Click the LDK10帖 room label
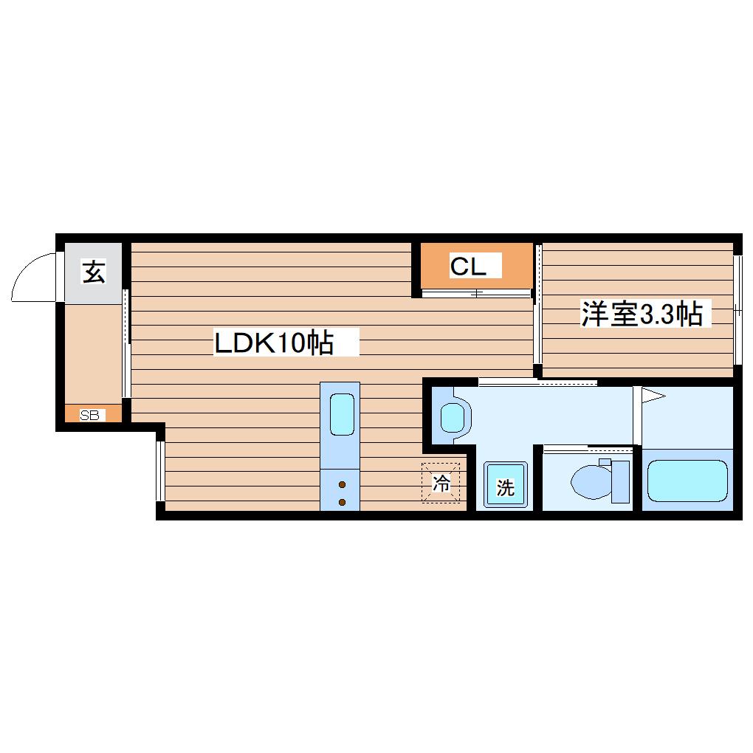coord(274,343)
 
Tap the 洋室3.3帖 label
coord(642,314)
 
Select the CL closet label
coord(468,266)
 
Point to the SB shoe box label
coord(90,415)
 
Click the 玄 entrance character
coord(94,272)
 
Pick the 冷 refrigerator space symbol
coord(441,483)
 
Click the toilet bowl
coord(591,481)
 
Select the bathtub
coord(687,481)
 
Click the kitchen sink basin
coord(343,414)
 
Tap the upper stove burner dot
coord(342,484)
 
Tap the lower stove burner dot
coord(342,502)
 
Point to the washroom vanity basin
coord(453,418)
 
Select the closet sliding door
coord(476,293)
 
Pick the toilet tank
coord(620,481)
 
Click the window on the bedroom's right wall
coord(737,311)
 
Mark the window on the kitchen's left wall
coord(160,471)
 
